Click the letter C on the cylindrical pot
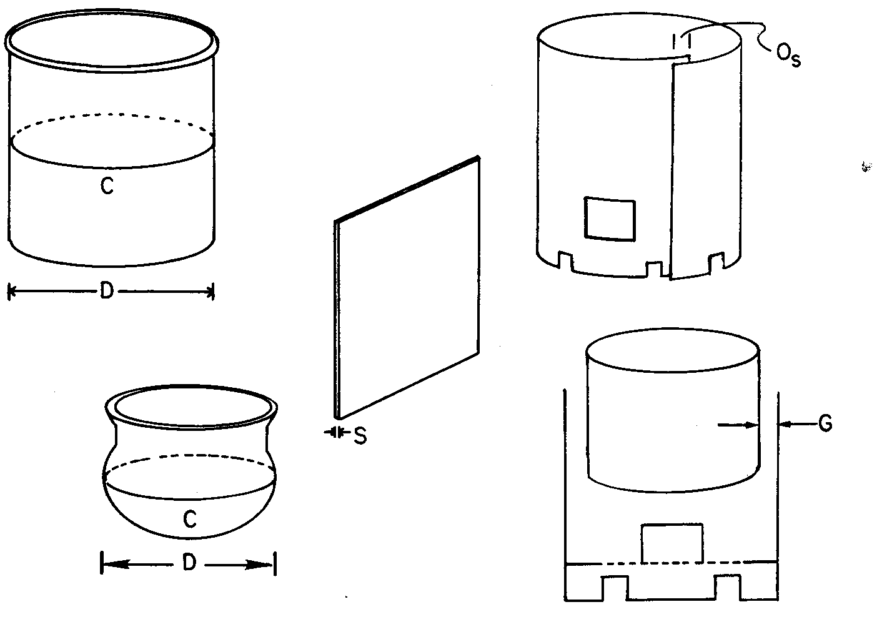[107, 185]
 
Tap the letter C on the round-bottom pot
[190, 519]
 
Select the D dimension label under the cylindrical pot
[107, 292]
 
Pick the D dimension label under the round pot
[189, 563]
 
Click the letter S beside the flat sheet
[360, 437]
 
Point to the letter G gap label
[825, 424]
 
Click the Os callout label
[788, 56]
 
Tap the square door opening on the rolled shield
[610, 219]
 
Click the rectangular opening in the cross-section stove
[672, 543]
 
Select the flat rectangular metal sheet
[407, 287]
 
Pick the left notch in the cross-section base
[615, 588]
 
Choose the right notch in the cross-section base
[728, 587]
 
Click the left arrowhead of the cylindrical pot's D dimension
[12, 292]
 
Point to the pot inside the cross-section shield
[673, 410]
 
